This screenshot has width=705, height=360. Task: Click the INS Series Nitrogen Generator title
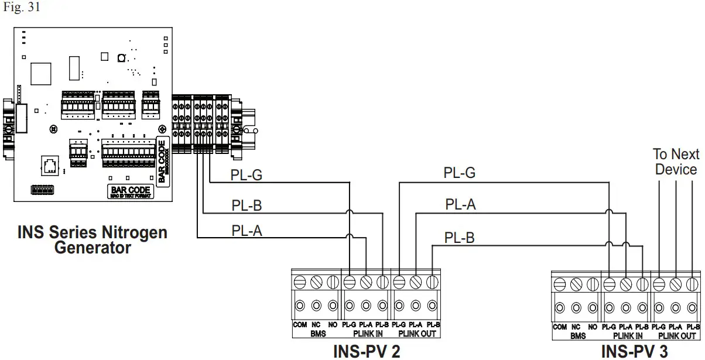92,240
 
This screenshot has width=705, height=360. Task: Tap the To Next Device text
676,162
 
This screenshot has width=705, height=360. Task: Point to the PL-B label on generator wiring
248,205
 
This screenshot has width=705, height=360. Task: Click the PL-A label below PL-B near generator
247,231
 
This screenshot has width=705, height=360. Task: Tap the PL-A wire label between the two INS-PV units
460,204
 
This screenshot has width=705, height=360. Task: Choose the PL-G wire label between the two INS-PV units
459,173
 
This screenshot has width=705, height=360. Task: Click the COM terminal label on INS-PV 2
300,324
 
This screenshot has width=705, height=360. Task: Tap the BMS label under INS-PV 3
577,336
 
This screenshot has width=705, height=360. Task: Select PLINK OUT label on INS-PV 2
417,335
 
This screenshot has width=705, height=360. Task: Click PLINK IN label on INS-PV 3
627,336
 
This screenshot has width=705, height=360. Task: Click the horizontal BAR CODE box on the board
131,191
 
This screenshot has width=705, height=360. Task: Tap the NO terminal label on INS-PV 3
593,327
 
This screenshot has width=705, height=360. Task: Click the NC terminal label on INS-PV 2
317,324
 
